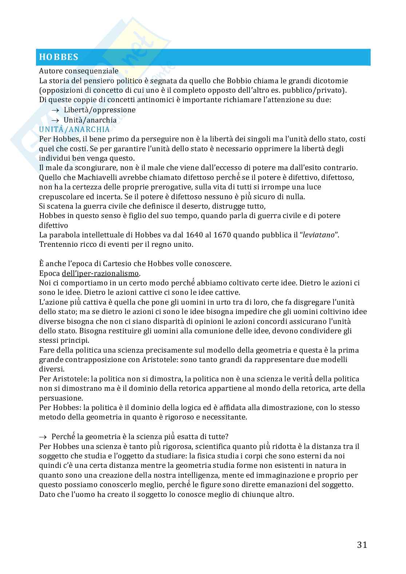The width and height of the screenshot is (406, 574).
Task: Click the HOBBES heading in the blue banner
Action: point(59,57)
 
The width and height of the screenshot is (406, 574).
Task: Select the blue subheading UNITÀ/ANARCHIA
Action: point(74,129)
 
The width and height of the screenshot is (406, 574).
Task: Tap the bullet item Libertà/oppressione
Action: point(99,110)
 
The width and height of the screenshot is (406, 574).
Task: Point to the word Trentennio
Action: point(58,244)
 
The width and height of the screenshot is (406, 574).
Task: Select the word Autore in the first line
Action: point(50,71)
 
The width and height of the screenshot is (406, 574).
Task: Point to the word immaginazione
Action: point(315,475)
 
